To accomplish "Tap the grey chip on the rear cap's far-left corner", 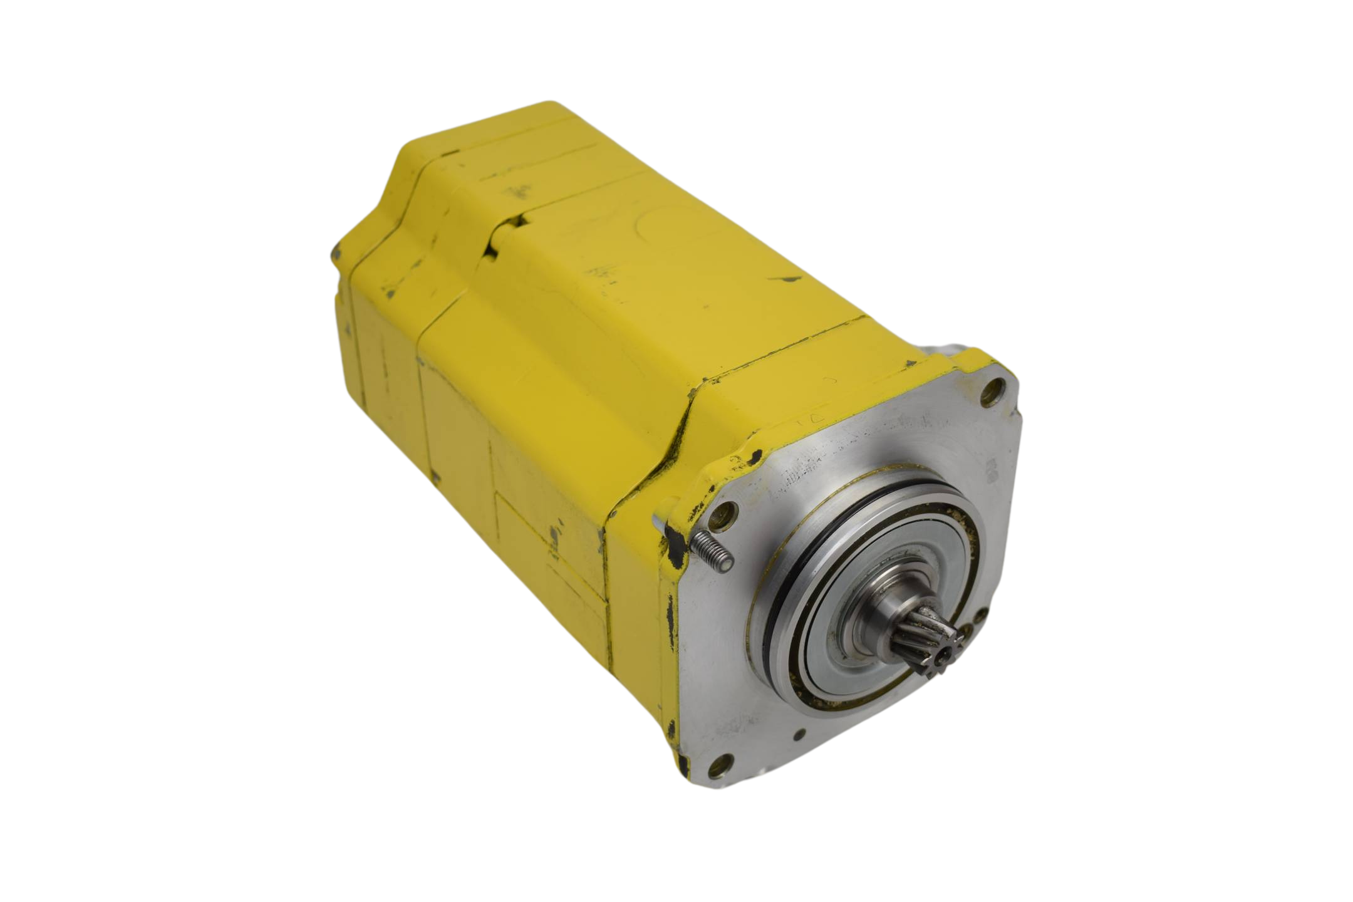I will tap(336, 252).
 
